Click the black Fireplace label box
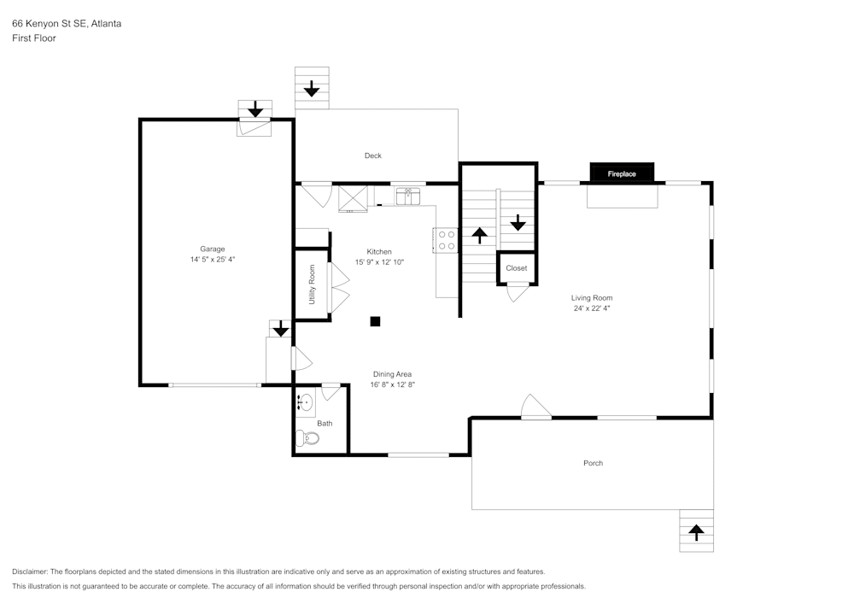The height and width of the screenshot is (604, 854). point(622,173)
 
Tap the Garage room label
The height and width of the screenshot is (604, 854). point(213,249)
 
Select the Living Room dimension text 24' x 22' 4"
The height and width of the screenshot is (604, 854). point(592,308)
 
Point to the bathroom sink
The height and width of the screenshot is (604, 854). point(306,402)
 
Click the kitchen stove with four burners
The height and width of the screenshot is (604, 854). point(446,240)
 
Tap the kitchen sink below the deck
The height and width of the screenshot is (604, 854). point(408,197)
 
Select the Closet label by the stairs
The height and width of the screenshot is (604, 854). point(517,268)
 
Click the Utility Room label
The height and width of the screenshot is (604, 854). point(313,284)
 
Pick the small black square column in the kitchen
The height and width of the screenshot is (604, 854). point(375,321)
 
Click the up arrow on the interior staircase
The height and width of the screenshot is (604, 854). point(480,235)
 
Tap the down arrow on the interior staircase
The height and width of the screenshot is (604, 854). point(518,222)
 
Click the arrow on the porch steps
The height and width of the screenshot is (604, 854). point(696,532)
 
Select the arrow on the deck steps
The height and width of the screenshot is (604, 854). point(312,87)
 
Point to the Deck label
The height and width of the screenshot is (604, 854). point(373,155)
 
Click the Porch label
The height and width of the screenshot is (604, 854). point(593,463)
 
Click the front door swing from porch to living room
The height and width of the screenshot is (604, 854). point(535,408)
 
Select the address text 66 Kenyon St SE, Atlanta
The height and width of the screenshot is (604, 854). point(67,24)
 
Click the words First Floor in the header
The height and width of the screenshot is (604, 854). point(34,38)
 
